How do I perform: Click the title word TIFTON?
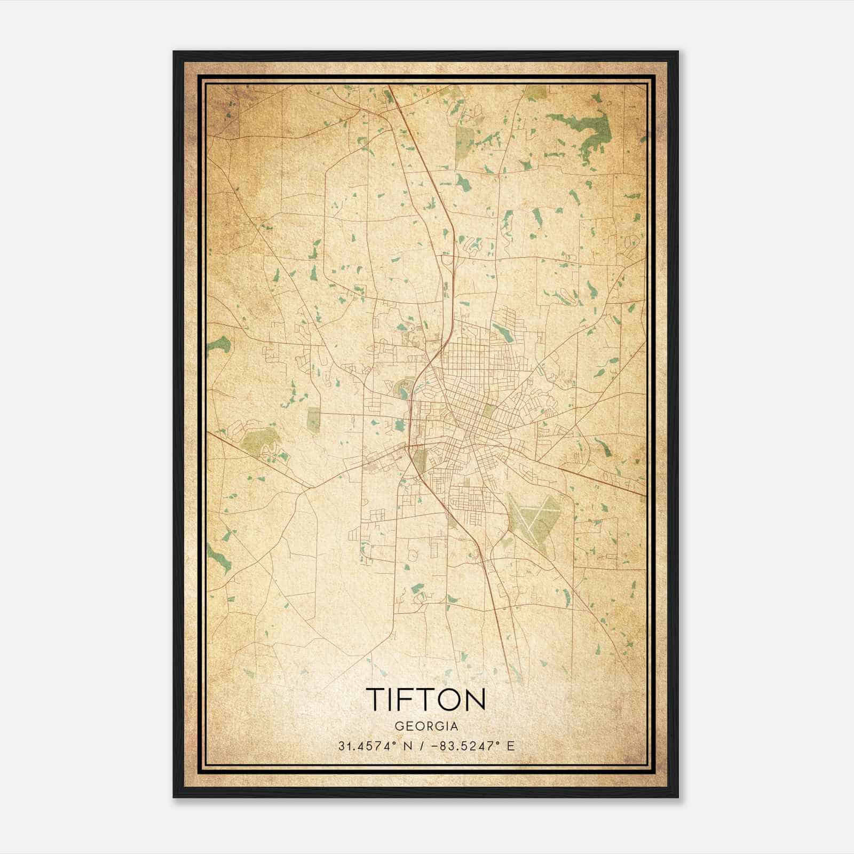pyautogui.click(x=426, y=699)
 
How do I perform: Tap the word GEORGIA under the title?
pyautogui.click(x=426, y=726)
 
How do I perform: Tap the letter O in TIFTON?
pyautogui.click(x=450, y=699)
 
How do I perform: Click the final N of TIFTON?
pyautogui.click(x=475, y=699)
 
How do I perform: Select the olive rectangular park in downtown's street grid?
pyautogui.click(x=488, y=410)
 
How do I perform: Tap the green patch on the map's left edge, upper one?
pyautogui.click(x=218, y=344)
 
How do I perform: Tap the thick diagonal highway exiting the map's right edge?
pyautogui.click(x=614, y=483)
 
